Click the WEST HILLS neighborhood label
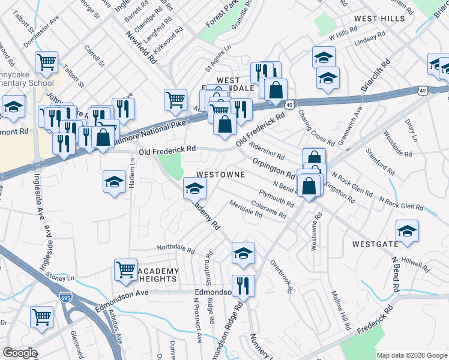tap(380, 19)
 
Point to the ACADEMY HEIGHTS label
tap(158, 275)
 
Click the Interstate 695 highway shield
tap(65, 298)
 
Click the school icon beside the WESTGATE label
tap(407, 231)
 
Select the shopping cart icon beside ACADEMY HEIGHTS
tap(125, 270)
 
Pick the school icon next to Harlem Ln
tap(114, 182)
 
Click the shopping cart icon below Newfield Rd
tap(175, 99)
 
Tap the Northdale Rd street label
tap(176, 248)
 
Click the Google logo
tap(20, 353)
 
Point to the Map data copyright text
tap(411, 355)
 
